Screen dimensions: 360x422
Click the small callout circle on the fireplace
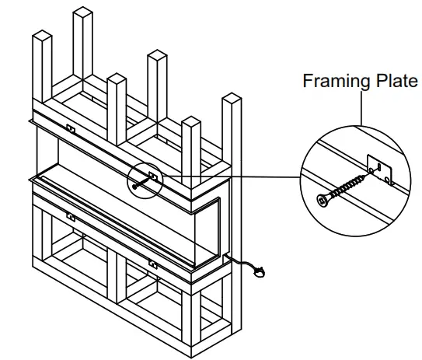[145, 180]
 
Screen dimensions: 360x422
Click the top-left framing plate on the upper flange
[71, 130]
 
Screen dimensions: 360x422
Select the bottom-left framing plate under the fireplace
[71, 217]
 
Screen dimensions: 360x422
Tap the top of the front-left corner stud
[39, 35]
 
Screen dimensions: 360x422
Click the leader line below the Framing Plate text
[362, 105]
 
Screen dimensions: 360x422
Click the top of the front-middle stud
[117, 78]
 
